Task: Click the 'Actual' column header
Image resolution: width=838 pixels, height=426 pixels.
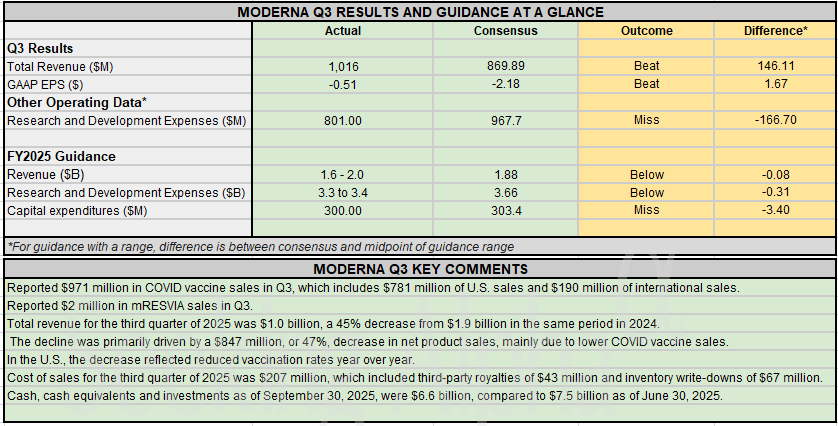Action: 343,31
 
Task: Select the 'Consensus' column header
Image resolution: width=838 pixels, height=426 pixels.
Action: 505,31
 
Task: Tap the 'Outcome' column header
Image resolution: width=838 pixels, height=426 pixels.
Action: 646,31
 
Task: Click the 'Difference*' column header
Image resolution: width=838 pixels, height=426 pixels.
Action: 775,31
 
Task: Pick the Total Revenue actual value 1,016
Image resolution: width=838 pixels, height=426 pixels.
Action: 343,66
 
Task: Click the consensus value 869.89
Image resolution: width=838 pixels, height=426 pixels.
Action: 505,66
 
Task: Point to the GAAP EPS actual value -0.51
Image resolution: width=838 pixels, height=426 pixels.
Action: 343,84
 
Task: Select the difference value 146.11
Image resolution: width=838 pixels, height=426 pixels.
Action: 775,66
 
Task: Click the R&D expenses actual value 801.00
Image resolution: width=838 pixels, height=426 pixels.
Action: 343,120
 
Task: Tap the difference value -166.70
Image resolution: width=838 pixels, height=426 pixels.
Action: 775,120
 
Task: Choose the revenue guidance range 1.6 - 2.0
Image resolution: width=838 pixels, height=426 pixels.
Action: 343,174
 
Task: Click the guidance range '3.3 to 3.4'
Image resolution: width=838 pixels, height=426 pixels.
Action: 343,192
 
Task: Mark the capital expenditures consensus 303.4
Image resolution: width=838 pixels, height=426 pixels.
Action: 505,210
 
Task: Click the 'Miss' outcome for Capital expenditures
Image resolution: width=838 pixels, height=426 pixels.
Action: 646,210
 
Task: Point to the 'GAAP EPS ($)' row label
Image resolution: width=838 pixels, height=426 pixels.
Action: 45,84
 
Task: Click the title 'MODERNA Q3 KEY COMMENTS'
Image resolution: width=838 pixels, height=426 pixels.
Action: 420,269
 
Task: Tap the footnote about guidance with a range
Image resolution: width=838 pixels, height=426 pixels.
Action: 259,246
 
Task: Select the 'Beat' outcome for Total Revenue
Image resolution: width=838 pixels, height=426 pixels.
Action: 646,66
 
